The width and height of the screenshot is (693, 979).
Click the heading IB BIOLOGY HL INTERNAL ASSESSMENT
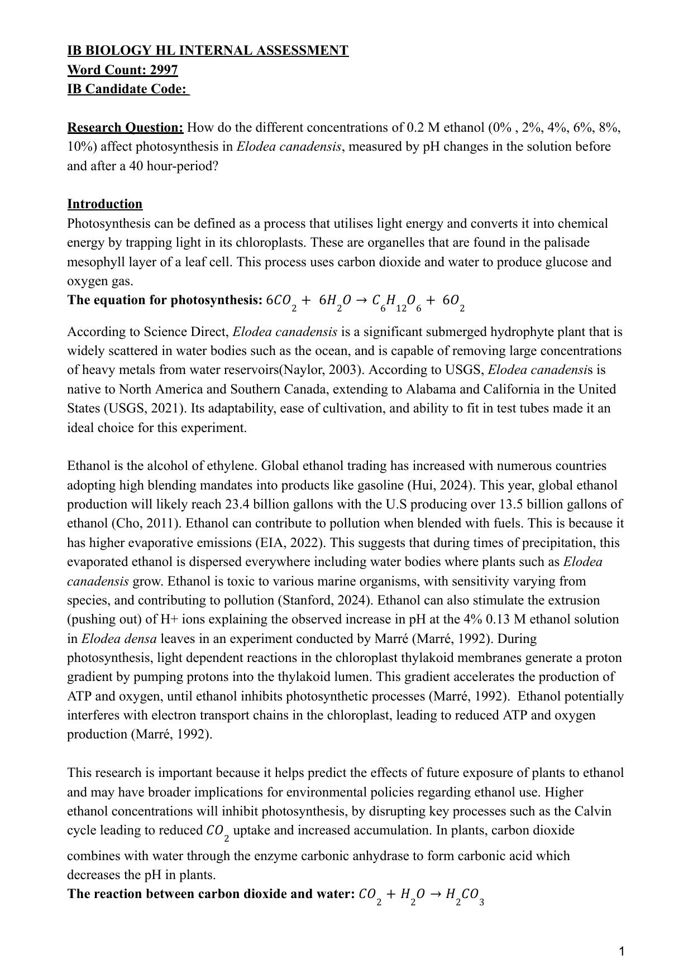208,51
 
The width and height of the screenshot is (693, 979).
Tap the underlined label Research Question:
125,128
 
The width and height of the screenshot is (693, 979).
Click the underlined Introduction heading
105,204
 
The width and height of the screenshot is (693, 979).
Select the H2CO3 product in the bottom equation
464,895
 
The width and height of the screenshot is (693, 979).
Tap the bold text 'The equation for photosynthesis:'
165,300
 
